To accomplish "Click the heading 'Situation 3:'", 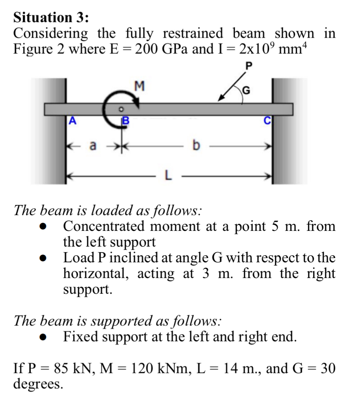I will coord(51,17).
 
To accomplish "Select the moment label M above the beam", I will coord(140,85).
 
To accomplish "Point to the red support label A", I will coord(72,121).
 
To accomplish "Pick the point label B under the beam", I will coord(125,121).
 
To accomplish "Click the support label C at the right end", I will coord(267,121).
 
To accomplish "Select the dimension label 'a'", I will coord(93,146).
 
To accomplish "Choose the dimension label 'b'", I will coord(195,146).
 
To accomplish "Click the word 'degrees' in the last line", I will coord(39,384).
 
